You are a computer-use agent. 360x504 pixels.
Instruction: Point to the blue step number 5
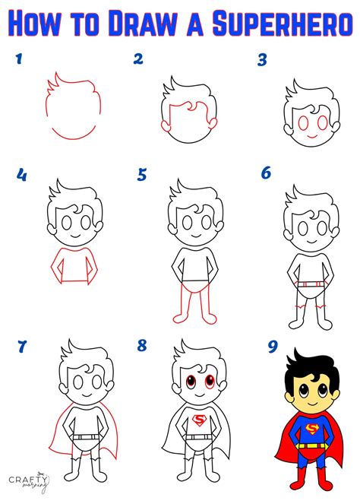pyautogui.click(x=142, y=175)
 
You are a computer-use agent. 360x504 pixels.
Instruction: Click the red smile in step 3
pyautogui.click(x=310, y=135)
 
